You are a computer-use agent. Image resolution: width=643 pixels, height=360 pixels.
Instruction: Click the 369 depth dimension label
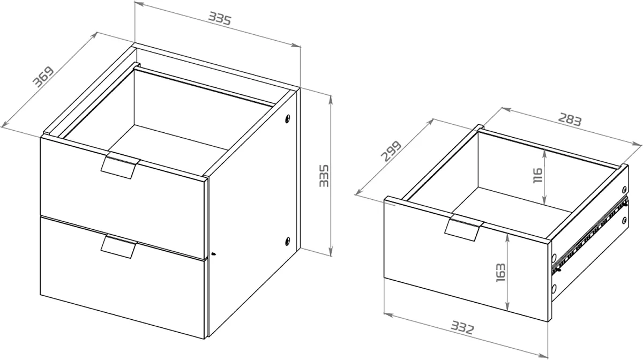[x=43, y=77]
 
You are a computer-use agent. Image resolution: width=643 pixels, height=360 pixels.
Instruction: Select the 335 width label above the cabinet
[x=220, y=18]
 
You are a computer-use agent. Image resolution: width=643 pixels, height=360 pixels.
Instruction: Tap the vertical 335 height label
[x=324, y=176]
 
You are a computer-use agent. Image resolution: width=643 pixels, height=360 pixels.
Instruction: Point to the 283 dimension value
[x=570, y=119]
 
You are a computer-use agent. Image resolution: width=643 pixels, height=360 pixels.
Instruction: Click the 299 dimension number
[x=391, y=151]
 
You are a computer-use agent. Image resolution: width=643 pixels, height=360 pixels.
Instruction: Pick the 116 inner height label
[x=537, y=175]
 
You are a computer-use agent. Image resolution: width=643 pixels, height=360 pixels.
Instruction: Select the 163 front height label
[x=500, y=272]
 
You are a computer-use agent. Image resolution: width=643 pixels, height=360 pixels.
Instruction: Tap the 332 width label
[x=462, y=327]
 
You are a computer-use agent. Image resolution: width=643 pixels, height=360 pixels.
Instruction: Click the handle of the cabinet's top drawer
[x=120, y=166]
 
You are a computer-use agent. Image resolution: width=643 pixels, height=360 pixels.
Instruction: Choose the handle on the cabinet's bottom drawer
[x=119, y=246]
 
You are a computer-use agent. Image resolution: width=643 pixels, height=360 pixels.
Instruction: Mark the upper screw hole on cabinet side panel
[x=288, y=118]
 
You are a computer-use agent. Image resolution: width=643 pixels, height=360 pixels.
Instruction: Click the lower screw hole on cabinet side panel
[x=288, y=241]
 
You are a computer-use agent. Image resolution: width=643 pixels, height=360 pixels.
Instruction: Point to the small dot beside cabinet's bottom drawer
[x=214, y=254]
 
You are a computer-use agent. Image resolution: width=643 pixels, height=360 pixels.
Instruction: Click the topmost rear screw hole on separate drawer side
[x=624, y=190]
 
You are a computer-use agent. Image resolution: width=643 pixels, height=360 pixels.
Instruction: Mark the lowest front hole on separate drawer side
[x=554, y=288]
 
